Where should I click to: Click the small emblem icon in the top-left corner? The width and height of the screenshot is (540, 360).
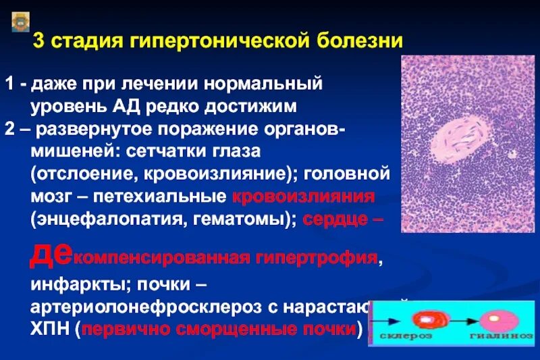coord(18,24)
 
